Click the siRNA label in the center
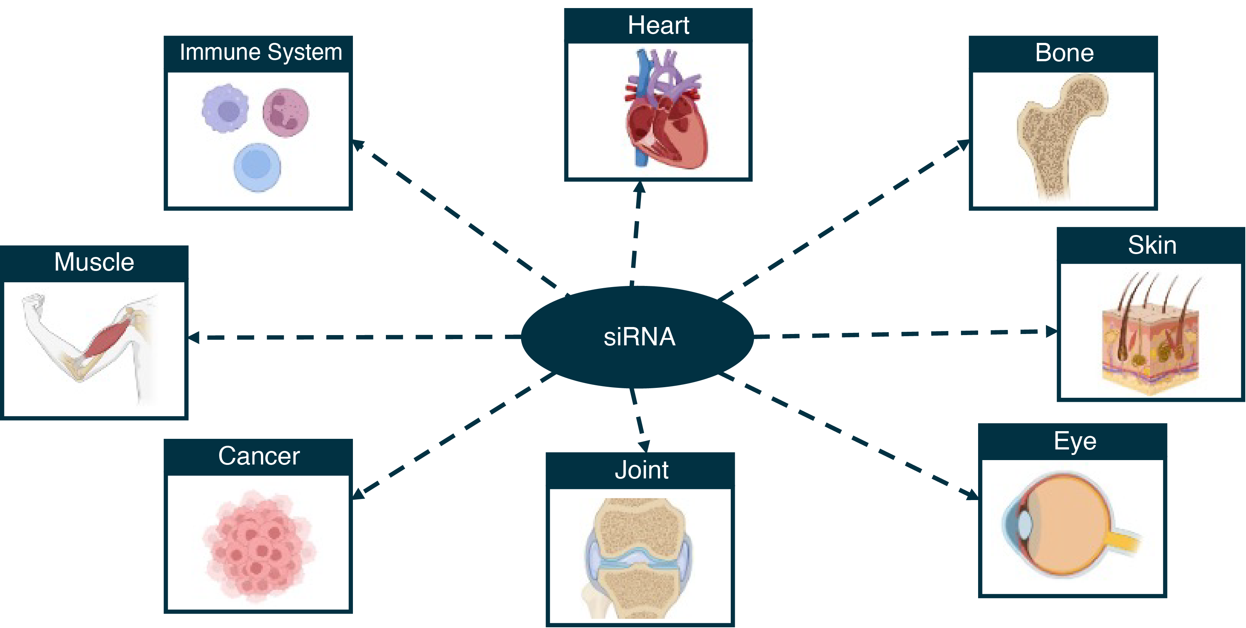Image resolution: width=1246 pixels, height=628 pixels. [639, 337]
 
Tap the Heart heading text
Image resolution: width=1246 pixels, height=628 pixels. [658, 25]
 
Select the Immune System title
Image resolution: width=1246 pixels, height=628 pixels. [261, 52]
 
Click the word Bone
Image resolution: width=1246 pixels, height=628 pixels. [1064, 53]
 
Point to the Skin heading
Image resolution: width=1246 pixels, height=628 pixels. [1152, 245]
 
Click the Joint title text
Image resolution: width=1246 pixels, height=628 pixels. [641, 470]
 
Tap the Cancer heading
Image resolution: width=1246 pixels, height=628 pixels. [259, 456]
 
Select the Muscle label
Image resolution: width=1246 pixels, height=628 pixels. [94, 262]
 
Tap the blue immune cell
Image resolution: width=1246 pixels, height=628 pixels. [257, 167]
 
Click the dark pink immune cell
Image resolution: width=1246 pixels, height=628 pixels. [285, 112]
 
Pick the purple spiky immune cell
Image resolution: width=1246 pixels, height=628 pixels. [225, 109]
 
